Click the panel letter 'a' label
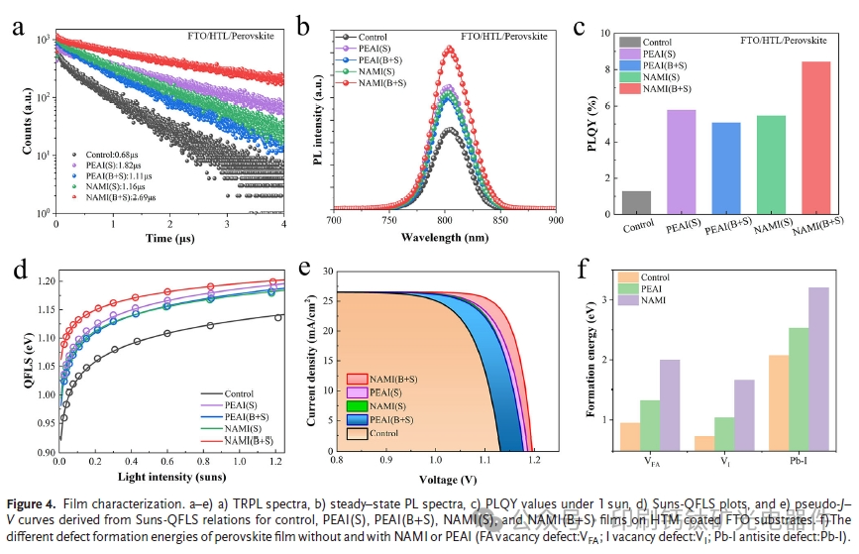(x=18, y=27)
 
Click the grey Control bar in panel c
(x=637, y=202)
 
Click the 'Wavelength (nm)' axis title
(x=445, y=239)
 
